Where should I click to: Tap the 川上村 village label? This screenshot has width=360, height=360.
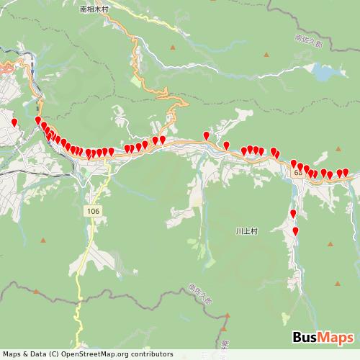point(246,232)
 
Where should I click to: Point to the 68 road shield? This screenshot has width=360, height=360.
point(299,174)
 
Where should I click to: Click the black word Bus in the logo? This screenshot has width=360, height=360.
point(307,338)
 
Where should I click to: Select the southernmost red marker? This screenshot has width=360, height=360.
point(296,230)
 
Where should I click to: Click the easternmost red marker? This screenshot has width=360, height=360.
point(346,172)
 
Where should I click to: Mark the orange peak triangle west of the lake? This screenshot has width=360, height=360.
point(267,55)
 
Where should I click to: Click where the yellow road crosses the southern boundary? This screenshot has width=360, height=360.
point(77,306)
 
